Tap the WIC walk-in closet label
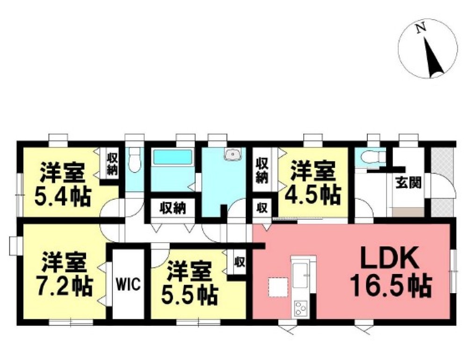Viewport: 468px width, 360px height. click(x=129, y=285)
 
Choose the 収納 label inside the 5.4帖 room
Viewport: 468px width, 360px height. click(x=111, y=164)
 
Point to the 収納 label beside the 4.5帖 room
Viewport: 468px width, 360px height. click(x=262, y=171)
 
